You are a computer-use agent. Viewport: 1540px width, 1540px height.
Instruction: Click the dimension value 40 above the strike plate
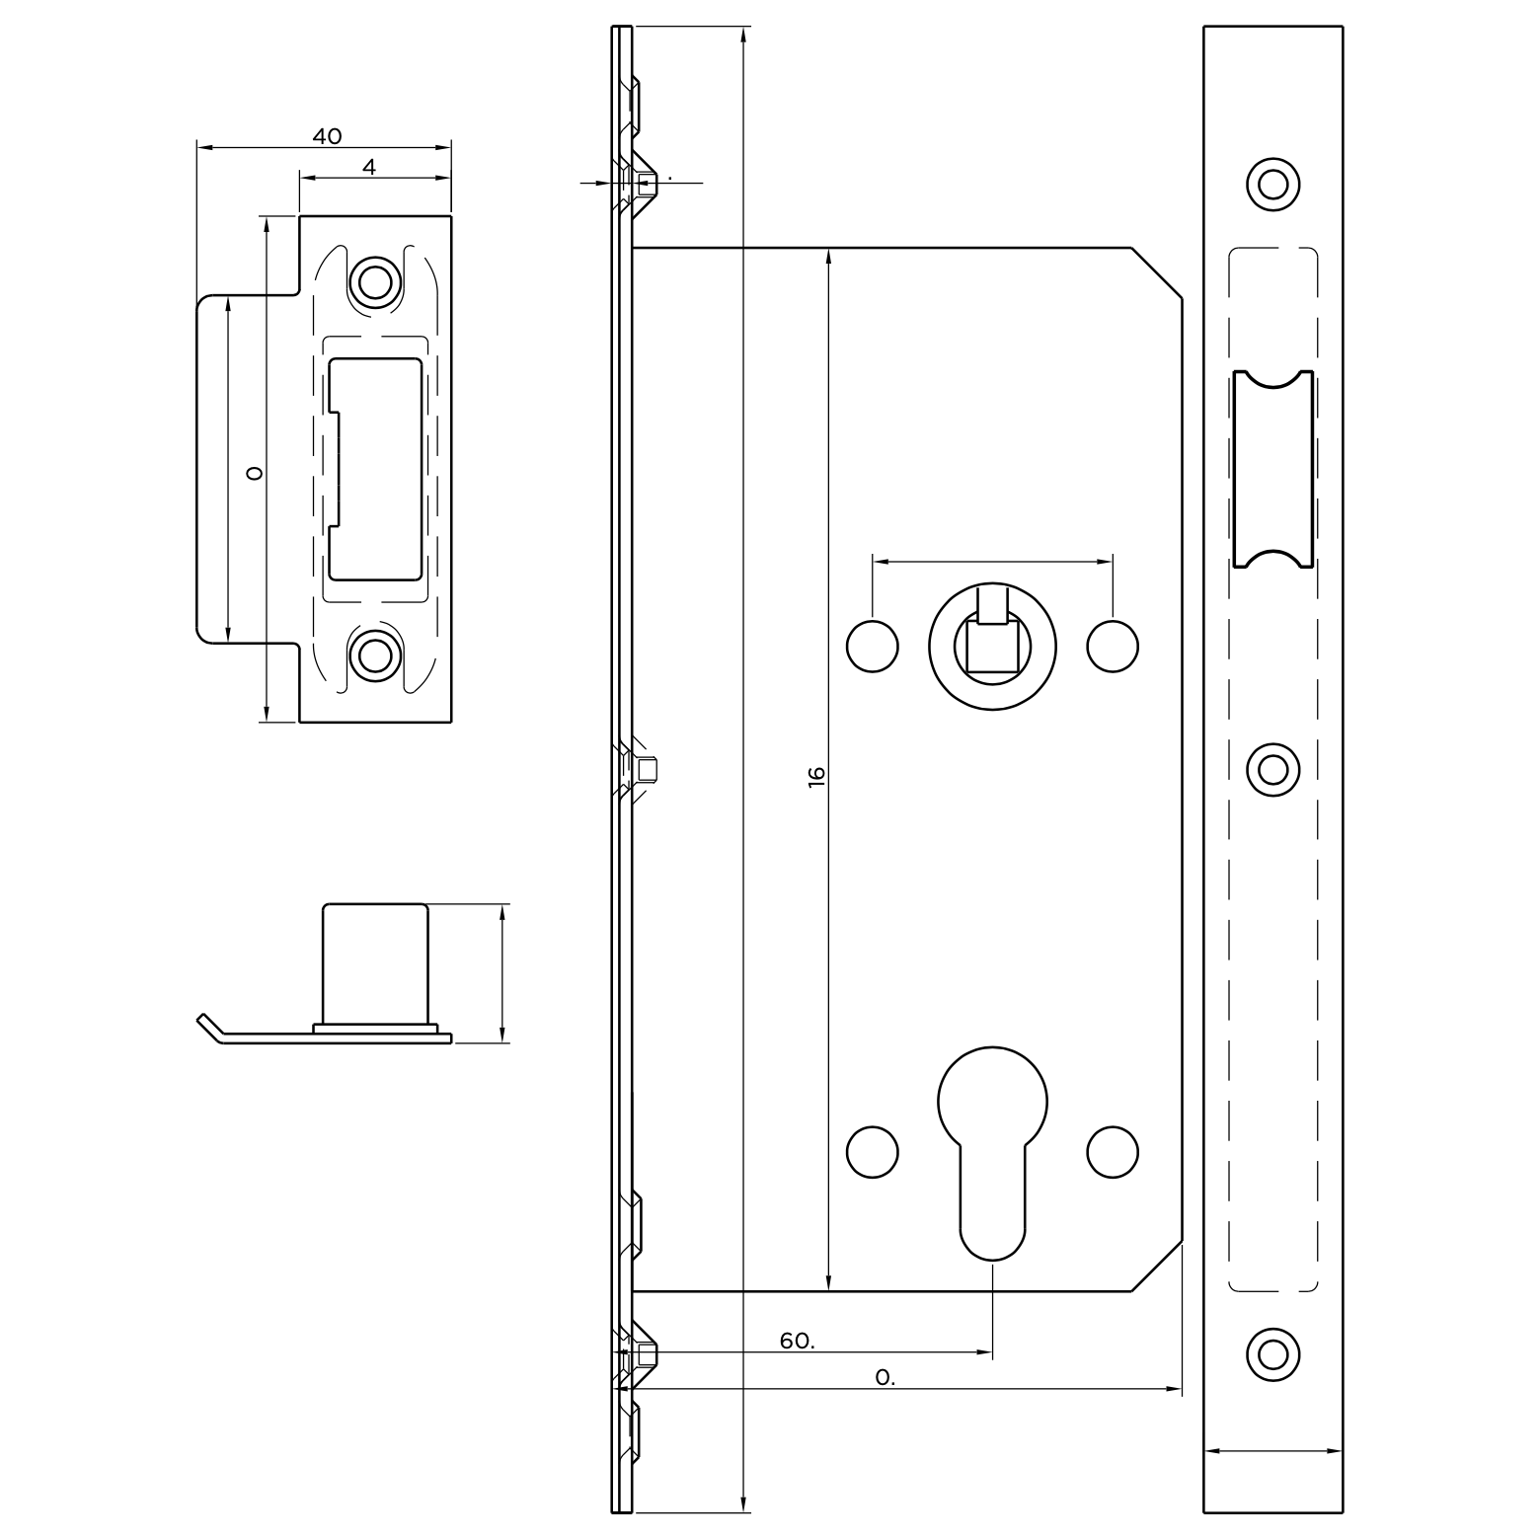tap(327, 136)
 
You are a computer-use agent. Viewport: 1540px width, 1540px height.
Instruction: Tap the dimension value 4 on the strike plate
tap(369, 168)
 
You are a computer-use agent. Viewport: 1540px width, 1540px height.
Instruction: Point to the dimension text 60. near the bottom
tap(797, 1341)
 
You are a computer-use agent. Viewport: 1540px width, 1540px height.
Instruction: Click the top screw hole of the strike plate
tap(374, 282)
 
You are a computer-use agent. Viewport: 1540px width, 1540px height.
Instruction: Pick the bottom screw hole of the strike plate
tap(374, 654)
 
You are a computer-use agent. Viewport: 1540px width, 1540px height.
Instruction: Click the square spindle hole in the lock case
tap(991, 648)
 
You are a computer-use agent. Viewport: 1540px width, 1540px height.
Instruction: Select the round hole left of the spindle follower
tap(873, 647)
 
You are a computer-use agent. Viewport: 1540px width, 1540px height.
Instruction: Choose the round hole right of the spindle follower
tap(1113, 647)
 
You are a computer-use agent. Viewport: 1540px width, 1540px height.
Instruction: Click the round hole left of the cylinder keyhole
tap(873, 1151)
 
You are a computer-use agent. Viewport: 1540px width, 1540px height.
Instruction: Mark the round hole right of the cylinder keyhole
tap(1113, 1151)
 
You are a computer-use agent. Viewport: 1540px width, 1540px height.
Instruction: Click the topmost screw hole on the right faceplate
tap(1272, 184)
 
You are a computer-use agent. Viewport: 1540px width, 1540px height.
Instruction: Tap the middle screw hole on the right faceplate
tap(1272, 769)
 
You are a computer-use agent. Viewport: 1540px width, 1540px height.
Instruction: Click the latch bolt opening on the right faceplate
tap(1273, 470)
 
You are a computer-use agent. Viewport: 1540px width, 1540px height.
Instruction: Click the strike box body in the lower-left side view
tap(376, 962)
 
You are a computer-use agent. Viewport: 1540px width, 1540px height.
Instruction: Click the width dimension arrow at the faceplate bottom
tap(1273, 1451)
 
